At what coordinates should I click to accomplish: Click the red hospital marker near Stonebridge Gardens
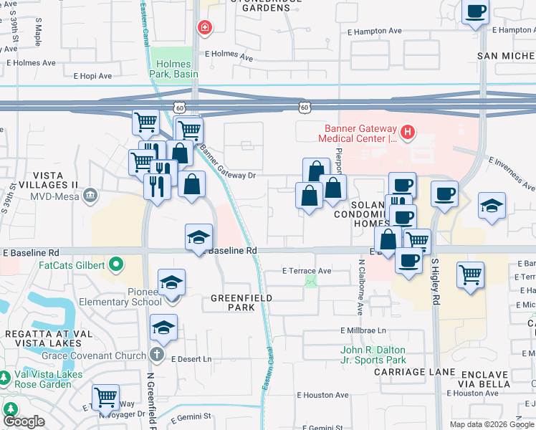pos(205,28)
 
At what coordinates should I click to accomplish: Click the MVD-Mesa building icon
pos(90,195)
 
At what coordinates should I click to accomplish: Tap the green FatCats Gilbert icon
pos(114,265)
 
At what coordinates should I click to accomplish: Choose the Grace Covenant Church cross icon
pos(158,355)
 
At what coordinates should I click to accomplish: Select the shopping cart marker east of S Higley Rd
pos(470,274)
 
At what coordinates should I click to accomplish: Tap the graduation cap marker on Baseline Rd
pos(198,237)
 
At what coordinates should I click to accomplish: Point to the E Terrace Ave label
pos(307,271)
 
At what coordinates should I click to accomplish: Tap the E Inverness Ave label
pos(511,168)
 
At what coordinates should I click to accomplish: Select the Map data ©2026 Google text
pos(492,424)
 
